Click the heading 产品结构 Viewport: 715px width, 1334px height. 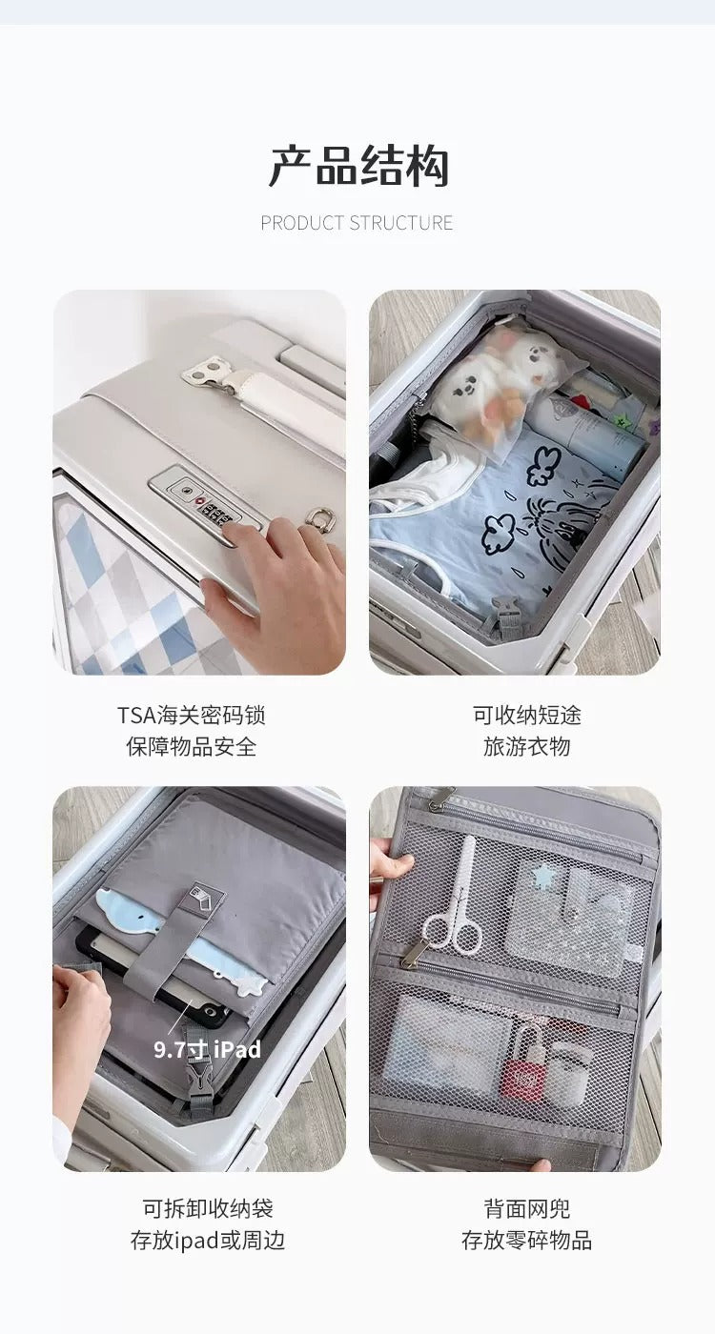click(x=358, y=166)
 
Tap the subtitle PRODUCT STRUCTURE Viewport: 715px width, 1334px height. click(x=357, y=223)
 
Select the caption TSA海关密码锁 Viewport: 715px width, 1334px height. click(x=192, y=715)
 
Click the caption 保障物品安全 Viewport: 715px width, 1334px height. click(x=192, y=746)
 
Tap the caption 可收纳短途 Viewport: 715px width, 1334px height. click(x=527, y=715)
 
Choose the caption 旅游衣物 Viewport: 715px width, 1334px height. click(x=527, y=746)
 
